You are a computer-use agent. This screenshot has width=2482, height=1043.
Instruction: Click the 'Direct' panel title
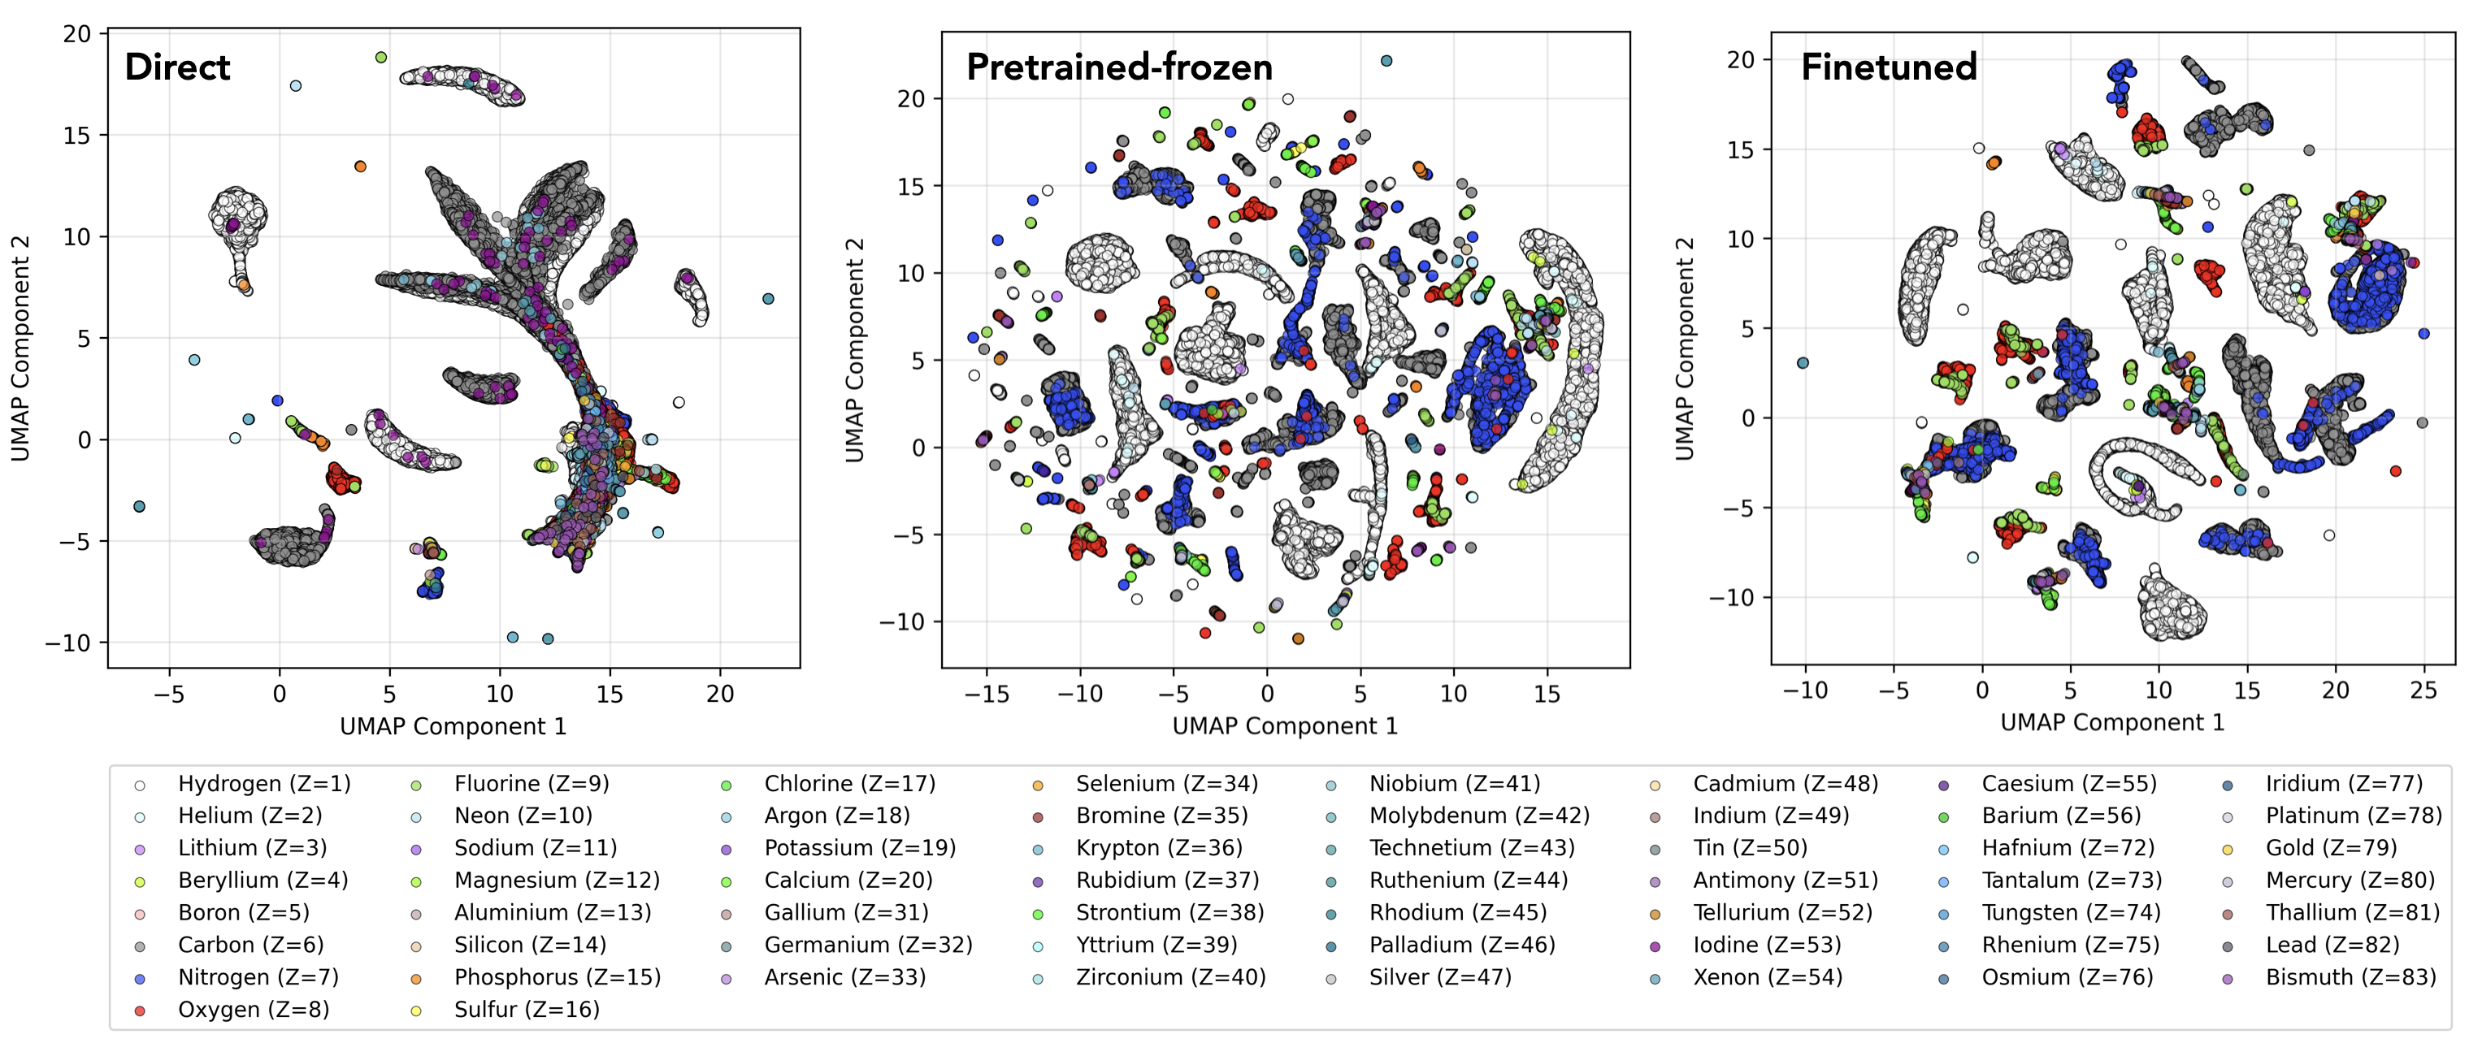click(x=177, y=67)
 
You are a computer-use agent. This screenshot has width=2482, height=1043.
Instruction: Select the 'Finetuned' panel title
click(x=1889, y=67)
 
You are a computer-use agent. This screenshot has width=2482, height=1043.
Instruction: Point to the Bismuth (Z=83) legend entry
click(x=2350, y=976)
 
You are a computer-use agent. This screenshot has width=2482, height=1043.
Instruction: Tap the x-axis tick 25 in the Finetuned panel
click(x=2423, y=690)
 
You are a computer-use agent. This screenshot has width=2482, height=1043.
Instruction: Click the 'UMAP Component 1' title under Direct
click(x=453, y=726)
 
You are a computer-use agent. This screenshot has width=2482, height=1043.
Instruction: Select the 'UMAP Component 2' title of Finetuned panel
click(x=1683, y=348)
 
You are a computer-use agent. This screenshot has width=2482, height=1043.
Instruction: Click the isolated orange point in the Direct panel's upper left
click(x=360, y=167)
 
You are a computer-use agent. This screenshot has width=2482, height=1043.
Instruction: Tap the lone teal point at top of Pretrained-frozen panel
click(x=1386, y=61)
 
